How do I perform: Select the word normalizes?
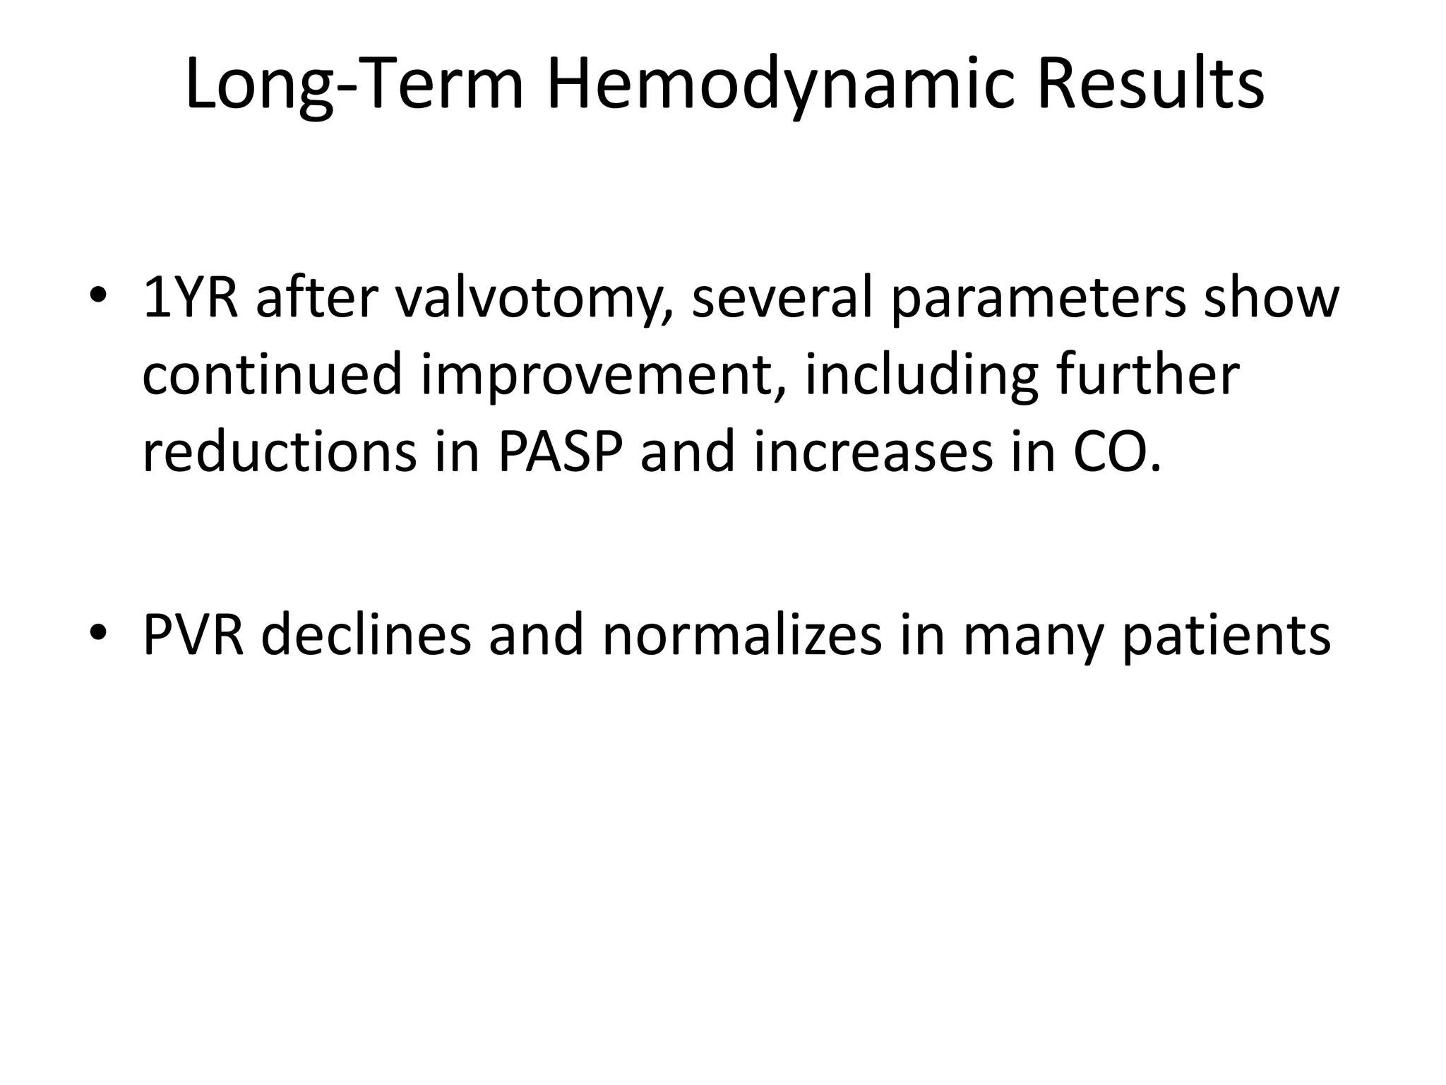pyautogui.click(x=742, y=634)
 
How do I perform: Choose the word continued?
pyautogui.click(x=273, y=375)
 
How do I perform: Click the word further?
pyautogui.click(x=1148, y=375)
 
